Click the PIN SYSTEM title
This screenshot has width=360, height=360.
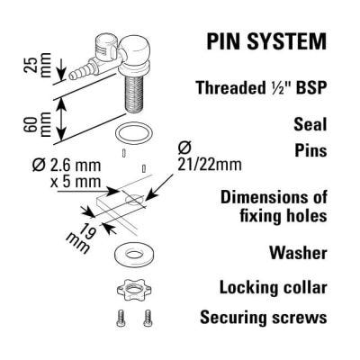[266, 41]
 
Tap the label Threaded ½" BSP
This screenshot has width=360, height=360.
[261, 88]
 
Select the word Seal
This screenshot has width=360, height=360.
[310, 124]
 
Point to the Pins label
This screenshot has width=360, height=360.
[310, 150]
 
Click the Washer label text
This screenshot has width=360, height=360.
[298, 253]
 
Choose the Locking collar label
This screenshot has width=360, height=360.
[274, 288]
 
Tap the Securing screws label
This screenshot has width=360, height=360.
[264, 318]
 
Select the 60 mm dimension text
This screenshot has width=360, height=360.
[37, 124]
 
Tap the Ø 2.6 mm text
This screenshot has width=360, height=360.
[67, 166]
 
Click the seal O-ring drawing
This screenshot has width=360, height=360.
[134, 134]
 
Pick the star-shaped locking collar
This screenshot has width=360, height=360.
[134, 289]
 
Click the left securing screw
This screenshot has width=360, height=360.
[121, 319]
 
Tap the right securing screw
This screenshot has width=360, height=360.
[148, 318]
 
